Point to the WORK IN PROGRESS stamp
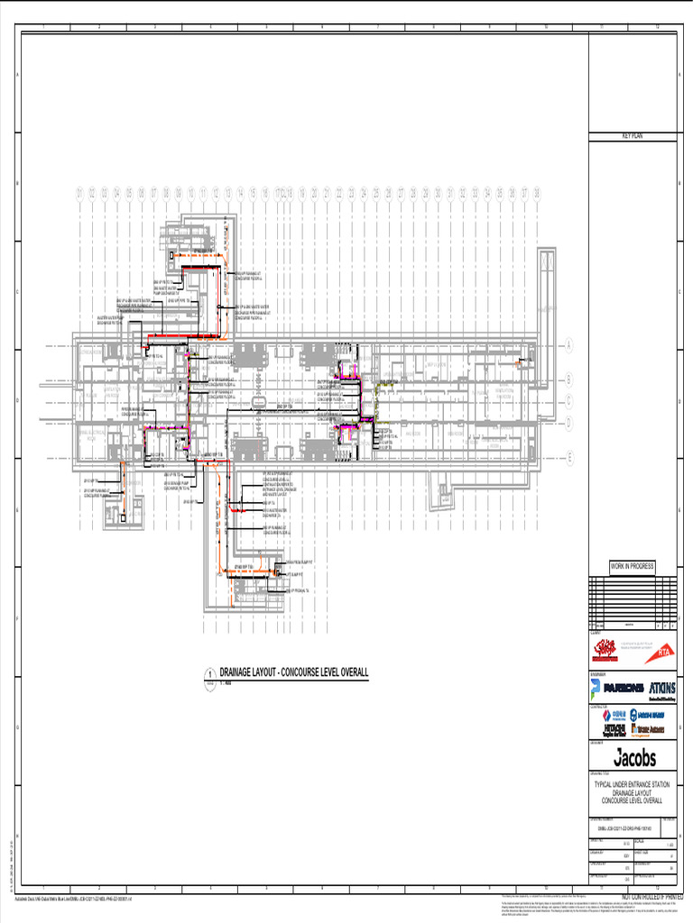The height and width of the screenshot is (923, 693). (x=632, y=566)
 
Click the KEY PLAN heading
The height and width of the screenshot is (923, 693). (x=632, y=135)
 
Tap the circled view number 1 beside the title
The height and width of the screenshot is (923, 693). (x=210, y=674)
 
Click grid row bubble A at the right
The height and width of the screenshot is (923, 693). (x=569, y=345)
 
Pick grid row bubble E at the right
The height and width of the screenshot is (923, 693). (x=569, y=458)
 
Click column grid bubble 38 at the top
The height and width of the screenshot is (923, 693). (x=537, y=194)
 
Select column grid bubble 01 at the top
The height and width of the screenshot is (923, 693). (x=79, y=194)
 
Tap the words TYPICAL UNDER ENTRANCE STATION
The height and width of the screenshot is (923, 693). (x=632, y=785)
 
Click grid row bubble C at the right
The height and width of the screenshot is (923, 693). (x=569, y=401)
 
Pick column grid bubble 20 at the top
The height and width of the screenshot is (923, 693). (x=314, y=194)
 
